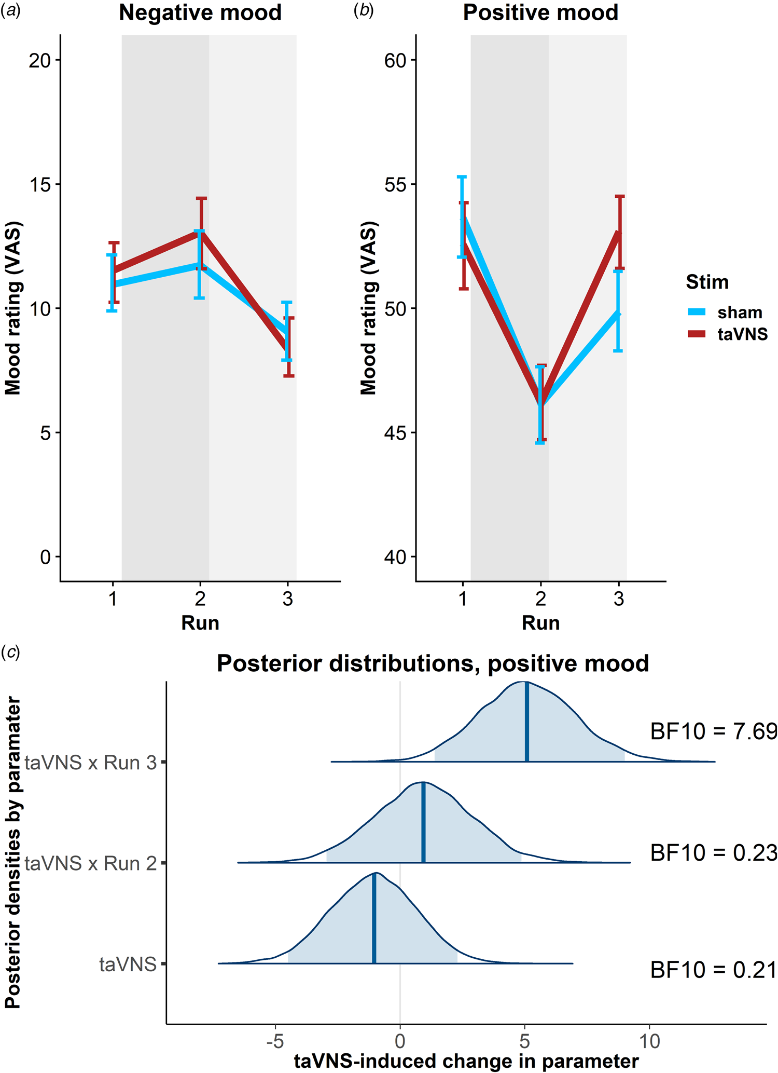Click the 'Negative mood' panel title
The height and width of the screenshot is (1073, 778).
point(200,13)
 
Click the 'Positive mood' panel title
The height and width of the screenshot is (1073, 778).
point(540,13)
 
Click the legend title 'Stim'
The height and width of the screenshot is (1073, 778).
point(707,282)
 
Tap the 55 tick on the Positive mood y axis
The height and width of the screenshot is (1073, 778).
point(395,185)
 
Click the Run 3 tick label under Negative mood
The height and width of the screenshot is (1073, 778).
point(288,599)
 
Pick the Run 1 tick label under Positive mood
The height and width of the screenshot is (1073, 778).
point(463,599)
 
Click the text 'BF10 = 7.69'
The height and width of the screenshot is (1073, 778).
point(714,731)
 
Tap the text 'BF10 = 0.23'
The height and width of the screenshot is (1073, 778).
point(714,853)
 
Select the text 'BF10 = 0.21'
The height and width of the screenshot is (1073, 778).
point(714,970)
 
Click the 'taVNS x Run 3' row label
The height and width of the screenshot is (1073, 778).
point(91,763)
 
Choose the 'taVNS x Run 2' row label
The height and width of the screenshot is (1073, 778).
point(91,863)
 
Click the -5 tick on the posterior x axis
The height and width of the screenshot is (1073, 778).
point(275,1040)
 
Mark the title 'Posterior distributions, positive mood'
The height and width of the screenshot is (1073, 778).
point(433,664)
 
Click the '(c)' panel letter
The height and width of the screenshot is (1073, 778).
point(10,653)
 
